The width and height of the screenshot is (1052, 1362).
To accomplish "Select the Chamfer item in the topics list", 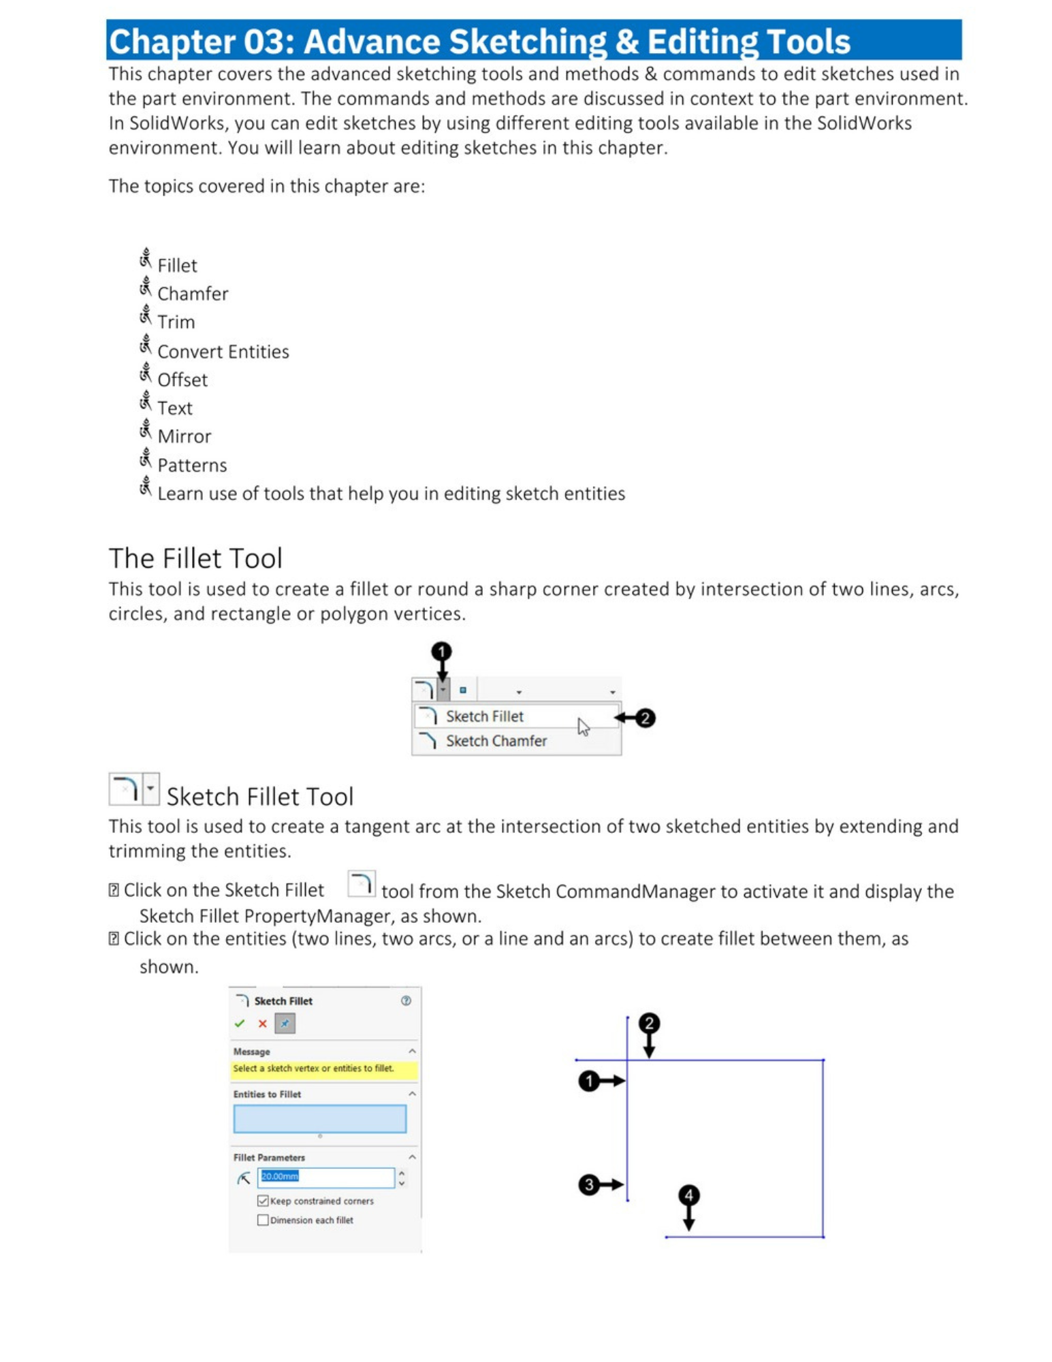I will (x=192, y=294).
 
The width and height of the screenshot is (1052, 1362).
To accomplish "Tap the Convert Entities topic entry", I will (x=223, y=351).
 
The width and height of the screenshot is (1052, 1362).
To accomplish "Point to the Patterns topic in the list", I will (x=191, y=465).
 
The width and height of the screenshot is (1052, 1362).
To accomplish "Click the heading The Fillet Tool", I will (x=195, y=558).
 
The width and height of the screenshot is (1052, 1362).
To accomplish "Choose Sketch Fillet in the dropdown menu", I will (x=484, y=716).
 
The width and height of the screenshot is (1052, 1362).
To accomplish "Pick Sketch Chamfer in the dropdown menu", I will (x=496, y=741).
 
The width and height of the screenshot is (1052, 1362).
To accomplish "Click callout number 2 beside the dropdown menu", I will (x=644, y=718).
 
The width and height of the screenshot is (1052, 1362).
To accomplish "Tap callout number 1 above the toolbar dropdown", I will (x=441, y=652).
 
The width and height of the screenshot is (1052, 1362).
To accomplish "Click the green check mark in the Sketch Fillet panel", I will (x=240, y=1024).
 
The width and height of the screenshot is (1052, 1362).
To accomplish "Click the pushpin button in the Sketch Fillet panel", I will (x=285, y=1024).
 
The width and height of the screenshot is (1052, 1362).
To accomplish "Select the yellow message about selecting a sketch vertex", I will (x=313, y=1068).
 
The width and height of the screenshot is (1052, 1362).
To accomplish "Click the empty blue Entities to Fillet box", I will (x=319, y=1119).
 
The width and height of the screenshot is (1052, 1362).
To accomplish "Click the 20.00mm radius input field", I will (x=325, y=1177).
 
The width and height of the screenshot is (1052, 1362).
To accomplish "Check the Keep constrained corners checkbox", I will (x=263, y=1201).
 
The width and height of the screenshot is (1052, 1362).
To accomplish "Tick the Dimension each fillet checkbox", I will (x=263, y=1220).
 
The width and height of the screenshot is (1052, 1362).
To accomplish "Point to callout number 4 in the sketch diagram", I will (x=688, y=1195).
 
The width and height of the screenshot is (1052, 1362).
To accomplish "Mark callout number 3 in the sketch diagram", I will (x=588, y=1185).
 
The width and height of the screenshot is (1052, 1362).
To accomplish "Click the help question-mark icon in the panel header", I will (x=406, y=1000).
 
